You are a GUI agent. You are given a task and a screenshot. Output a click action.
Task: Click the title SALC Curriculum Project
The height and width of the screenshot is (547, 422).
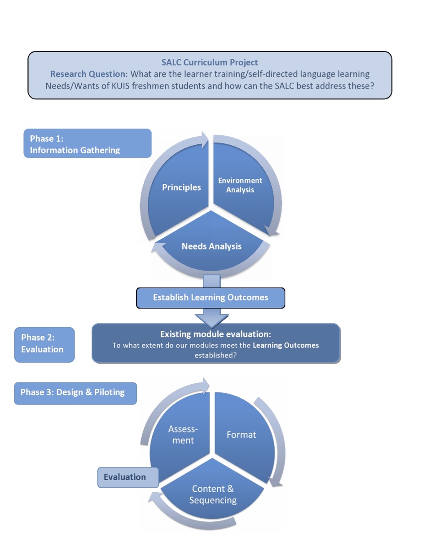coord(210,62)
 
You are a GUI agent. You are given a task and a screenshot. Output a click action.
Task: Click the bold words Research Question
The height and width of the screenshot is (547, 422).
coord(88,74)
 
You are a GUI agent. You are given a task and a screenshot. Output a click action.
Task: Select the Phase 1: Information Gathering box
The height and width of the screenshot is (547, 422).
coord(87,144)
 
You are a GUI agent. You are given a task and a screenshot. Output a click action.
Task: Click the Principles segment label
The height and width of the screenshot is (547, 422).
coord(181,187)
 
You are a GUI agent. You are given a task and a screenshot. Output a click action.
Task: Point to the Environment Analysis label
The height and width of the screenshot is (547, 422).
coord(240,185)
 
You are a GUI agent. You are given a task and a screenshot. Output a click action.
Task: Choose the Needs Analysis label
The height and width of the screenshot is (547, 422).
coord(211,246)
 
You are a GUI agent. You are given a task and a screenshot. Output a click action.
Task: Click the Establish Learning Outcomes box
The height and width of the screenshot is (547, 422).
coord(210,298)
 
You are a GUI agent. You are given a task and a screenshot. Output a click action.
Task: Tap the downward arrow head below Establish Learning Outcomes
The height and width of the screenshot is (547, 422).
coord(211,320)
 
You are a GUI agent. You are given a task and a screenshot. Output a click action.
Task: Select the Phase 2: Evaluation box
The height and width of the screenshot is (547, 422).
coord(44,344)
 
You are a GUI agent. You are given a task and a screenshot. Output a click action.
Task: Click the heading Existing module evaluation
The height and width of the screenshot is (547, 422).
coord(215,334)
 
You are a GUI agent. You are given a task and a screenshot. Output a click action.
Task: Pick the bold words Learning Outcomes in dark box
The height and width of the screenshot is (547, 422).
coord(286,345)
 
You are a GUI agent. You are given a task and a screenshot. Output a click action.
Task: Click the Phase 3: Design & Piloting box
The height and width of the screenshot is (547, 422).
coord(75,392)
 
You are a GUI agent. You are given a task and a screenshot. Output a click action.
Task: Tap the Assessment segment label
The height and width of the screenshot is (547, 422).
coord(183,435)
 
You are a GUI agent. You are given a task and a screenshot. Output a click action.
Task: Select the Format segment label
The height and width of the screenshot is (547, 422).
coord(241,435)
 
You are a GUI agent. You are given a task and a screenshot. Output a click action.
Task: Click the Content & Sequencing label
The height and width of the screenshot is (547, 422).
coord(213,494)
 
